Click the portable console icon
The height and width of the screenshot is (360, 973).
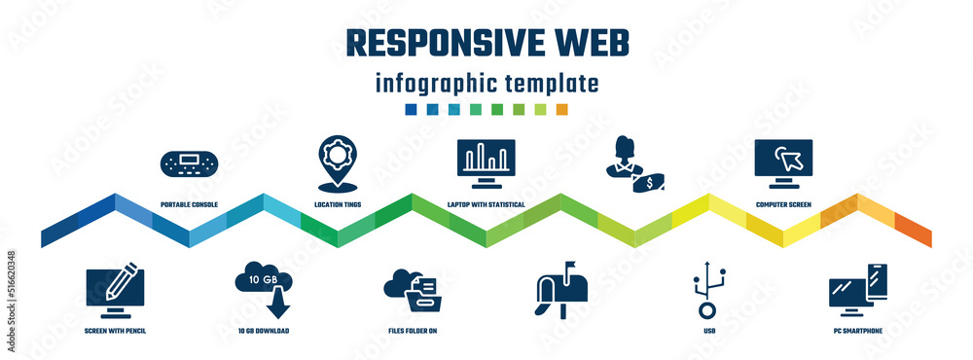190,164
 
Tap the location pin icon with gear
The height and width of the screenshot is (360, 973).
338,162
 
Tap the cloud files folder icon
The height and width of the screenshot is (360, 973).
415,290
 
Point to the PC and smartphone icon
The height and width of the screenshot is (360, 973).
858,290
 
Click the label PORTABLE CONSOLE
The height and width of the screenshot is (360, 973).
190,205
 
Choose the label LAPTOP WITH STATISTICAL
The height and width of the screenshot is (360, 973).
486,205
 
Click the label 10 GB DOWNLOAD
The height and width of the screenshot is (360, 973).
264,331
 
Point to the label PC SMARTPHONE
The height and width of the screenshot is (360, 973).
858,331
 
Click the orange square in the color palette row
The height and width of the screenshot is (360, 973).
561,109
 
